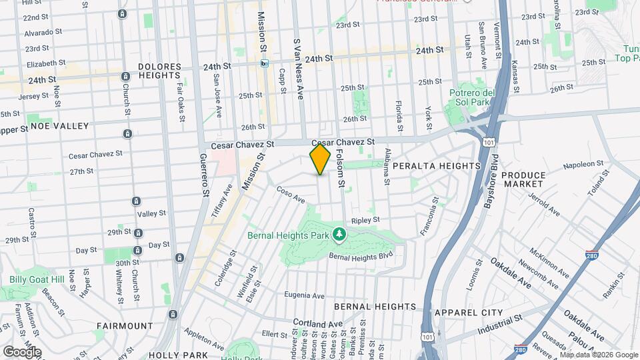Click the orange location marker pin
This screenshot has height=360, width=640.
coord(320,159)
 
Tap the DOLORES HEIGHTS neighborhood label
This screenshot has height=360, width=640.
coord(160,72)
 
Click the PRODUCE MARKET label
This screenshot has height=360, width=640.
coord(523,180)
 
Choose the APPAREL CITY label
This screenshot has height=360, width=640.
coord(468,312)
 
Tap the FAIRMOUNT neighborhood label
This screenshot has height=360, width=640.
coord(121,326)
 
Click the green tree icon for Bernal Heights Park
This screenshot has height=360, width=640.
coord(340,235)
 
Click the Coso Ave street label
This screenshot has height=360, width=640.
coord(291,195)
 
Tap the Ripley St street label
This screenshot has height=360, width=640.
coord(365,219)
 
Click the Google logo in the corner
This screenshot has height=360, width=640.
coord(21,351)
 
